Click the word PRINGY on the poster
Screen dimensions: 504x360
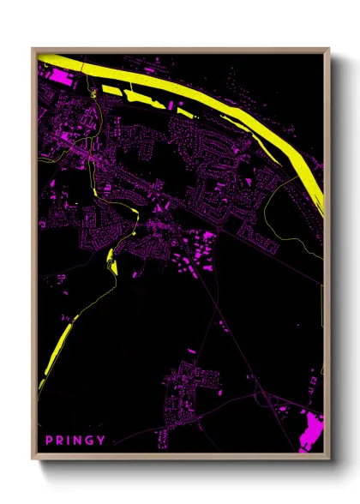pyautogui.click(x=75, y=441)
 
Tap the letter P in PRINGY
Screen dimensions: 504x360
pyautogui.click(x=49, y=441)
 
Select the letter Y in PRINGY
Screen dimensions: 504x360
pyautogui.click(x=103, y=441)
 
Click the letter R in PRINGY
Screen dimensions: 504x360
pyautogui.click(x=60, y=441)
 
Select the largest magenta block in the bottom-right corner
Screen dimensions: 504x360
pyautogui.click(x=310, y=429)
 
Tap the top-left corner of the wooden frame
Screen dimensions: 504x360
pyautogui.click(x=33, y=49)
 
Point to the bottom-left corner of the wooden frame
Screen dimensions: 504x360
pyautogui.click(x=33, y=459)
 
